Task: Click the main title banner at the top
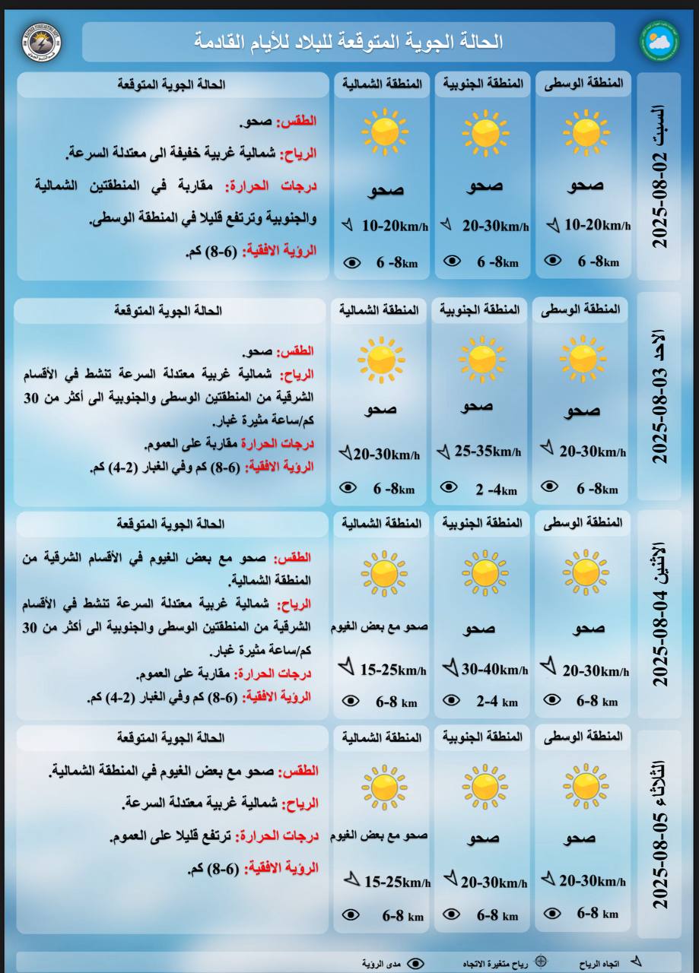pos(348,42)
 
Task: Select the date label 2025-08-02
pos(659,177)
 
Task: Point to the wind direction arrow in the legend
pos(636,962)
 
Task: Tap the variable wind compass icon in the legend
pos(540,962)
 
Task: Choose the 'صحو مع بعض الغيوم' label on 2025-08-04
pos(379,627)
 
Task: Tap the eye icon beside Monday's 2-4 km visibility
pos(452,700)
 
